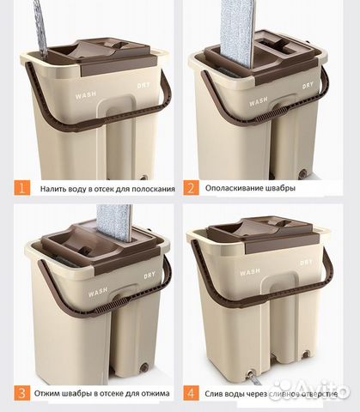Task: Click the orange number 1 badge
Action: coord(22,188)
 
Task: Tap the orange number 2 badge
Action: coord(191,188)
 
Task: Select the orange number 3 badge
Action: coord(21,392)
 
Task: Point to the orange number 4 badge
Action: coord(191,393)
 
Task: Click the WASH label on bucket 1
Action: coord(86,95)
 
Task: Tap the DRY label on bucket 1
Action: coord(143,85)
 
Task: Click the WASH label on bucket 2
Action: coord(259,101)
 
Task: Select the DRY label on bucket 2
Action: coord(308,86)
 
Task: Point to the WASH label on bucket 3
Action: coord(98,292)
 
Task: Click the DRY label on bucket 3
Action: coord(149,276)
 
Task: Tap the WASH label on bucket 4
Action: coord(250,271)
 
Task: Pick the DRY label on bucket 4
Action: coord(306,262)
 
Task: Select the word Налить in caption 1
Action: coord(52,189)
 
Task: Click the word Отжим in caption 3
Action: coord(46,393)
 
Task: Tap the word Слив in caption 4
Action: coord(213,394)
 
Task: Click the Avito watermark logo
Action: coord(311,391)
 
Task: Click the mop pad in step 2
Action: coord(237,33)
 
